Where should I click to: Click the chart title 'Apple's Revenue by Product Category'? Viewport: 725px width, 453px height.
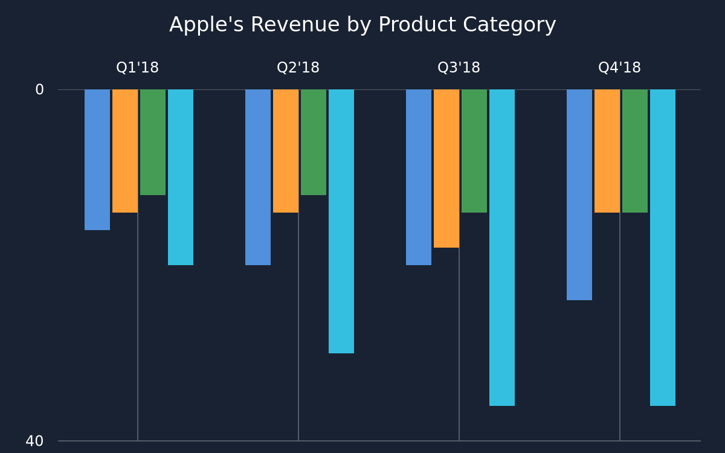tap(362, 25)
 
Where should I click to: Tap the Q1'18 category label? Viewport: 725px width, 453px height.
tap(138, 68)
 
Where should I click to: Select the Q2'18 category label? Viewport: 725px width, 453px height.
tap(298, 68)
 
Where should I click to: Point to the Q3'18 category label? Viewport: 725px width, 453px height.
tap(459, 68)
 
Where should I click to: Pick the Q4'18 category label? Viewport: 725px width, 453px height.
tap(619, 68)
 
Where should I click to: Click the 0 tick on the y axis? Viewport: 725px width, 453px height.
tap(39, 89)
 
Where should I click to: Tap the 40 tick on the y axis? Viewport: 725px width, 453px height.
tap(34, 441)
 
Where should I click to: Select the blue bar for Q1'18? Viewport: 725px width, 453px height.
tap(97, 160)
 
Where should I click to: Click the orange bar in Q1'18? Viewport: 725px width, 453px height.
tap(125, 151)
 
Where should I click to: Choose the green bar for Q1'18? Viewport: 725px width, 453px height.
tap(153, 143)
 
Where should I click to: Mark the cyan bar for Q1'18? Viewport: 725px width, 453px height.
tap(181, 178)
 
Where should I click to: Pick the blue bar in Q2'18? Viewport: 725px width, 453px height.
tap(258, 178)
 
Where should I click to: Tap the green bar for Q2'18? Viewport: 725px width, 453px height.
tap(314, 143)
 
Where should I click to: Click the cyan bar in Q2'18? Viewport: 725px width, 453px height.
tap(341, 221)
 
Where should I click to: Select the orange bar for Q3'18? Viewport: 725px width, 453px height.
tap(446, 169)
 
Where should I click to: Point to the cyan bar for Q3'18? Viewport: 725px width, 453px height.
tap(502, 248)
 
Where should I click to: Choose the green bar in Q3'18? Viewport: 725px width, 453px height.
tap(474, 151)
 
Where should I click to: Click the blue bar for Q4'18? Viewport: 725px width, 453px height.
tap(579, 194)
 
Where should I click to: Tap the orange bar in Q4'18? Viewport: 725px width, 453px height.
tap(607, 151)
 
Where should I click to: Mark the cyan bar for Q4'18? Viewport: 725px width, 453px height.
tap(663, 248)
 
